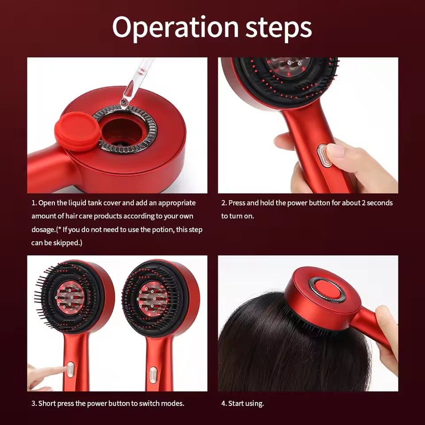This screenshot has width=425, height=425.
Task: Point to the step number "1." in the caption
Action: [34, 203]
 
